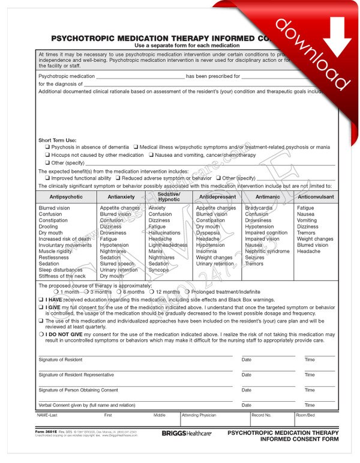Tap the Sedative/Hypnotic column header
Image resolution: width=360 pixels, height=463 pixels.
tap(169, 196)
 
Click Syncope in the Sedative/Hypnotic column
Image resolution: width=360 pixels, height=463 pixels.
tap(158, 270)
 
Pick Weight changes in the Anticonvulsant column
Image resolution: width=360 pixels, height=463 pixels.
tap(315, 239)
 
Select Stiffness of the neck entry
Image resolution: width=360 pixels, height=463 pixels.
tap(62, 276)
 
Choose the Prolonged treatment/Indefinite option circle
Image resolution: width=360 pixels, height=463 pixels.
tap(187, 292)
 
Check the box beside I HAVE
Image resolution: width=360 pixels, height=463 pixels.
tap(41, 300)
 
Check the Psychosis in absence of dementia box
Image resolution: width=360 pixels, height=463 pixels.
tap(47, 147)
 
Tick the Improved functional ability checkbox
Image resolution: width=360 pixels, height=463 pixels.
tap(47, 178)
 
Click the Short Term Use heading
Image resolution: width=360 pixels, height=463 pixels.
tap(58, 140)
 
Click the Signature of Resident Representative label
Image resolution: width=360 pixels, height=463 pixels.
tap(76, 375)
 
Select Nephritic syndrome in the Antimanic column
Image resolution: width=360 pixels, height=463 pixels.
tap(267, 252)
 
